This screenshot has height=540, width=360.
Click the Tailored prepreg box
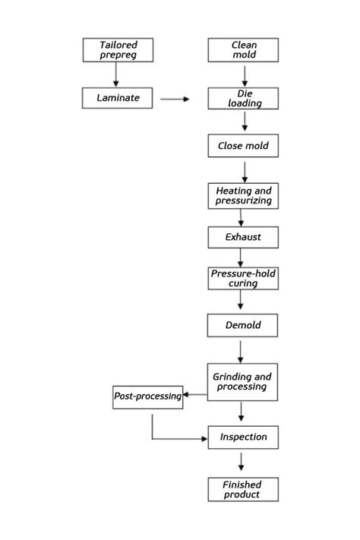tap(117, 50)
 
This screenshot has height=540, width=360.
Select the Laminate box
tap(117, 98)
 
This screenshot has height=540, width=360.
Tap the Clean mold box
tap(243, 50)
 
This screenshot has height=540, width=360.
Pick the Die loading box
tap(243, 98)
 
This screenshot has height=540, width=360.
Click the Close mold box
tap(243, 146)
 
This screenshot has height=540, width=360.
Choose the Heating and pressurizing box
tap(243, 196)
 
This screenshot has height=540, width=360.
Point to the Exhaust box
tap(243, 237)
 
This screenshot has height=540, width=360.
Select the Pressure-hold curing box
tap(243, 278)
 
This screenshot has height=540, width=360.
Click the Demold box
tap(243, 325)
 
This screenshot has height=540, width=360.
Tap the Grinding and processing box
tap(243, 382)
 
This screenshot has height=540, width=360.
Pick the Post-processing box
tap(148, 396)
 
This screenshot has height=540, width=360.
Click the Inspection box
tap(243, 437)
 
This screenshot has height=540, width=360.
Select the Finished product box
tap(243, 489)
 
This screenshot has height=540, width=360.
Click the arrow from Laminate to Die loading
tap(175, 99)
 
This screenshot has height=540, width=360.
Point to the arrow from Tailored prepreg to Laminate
tap(116, 74)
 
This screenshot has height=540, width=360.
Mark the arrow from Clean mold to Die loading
tap(245, 74)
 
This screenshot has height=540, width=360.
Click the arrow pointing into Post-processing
tap(196, 395)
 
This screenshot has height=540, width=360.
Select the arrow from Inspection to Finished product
tap(242, 462)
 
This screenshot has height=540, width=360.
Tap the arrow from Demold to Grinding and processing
tap(241, 350)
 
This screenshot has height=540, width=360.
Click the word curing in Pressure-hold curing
tap(243, 283)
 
